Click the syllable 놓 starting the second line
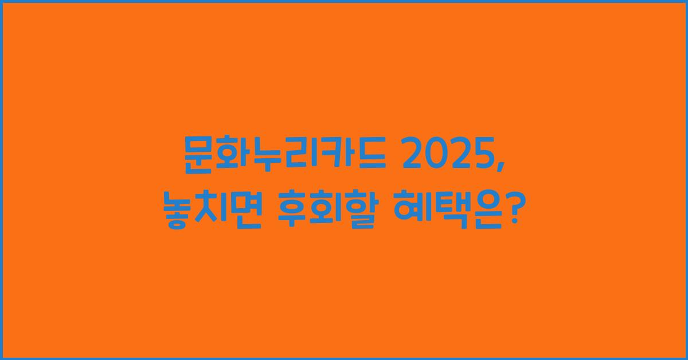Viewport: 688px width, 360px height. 175,211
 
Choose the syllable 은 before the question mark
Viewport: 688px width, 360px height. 484,211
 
